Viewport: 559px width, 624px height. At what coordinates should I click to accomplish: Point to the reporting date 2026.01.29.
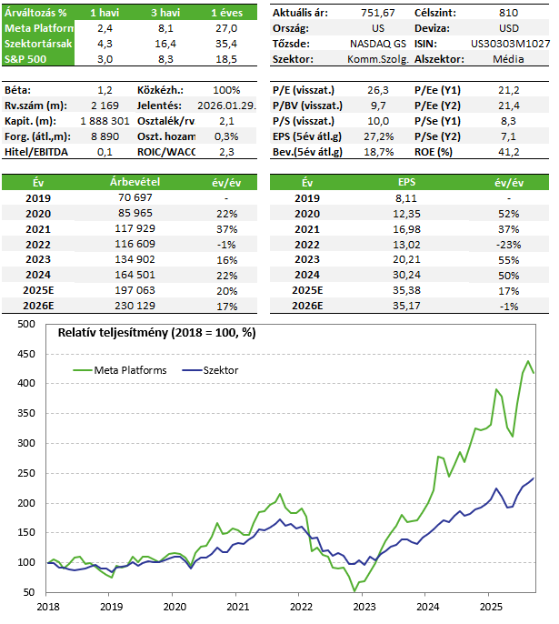coord(211,106)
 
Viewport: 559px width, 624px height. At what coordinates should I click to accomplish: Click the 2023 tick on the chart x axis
coord(364,605)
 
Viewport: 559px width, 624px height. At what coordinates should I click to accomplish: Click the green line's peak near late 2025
coord(528,361)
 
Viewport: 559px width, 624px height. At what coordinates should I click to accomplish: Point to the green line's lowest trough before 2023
coord(355,591)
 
